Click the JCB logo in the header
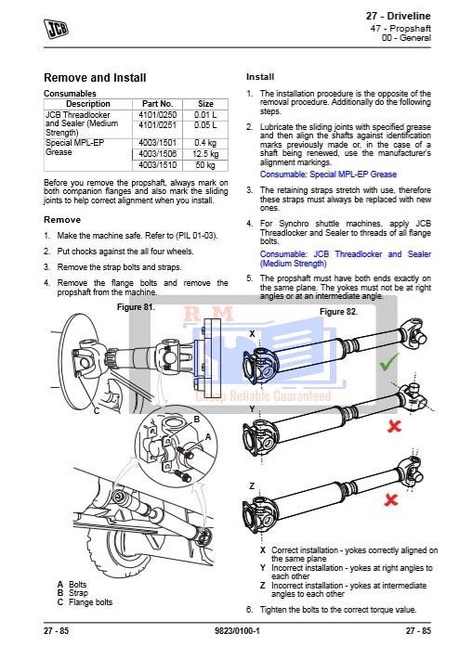(56, 29)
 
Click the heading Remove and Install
(95, 78)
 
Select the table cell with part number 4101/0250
(158, 115)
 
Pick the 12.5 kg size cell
(205, 154)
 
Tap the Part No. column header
(158, 104)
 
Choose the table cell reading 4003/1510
(158, 165)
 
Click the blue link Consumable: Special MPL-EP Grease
(328, 174)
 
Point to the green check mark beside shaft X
(388, 362)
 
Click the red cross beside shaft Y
(394, 426)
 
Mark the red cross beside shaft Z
(390, 499)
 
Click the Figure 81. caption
(136, 307)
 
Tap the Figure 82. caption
(338, 312)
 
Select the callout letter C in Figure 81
(97, 411)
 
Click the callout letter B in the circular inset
(197, 420)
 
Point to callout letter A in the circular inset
(208, 437)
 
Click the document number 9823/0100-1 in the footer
(237, 631)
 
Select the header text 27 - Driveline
(399, 17)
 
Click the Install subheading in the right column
(260, 77)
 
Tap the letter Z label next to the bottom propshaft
(252, 486)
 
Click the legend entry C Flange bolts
(85, 602)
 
